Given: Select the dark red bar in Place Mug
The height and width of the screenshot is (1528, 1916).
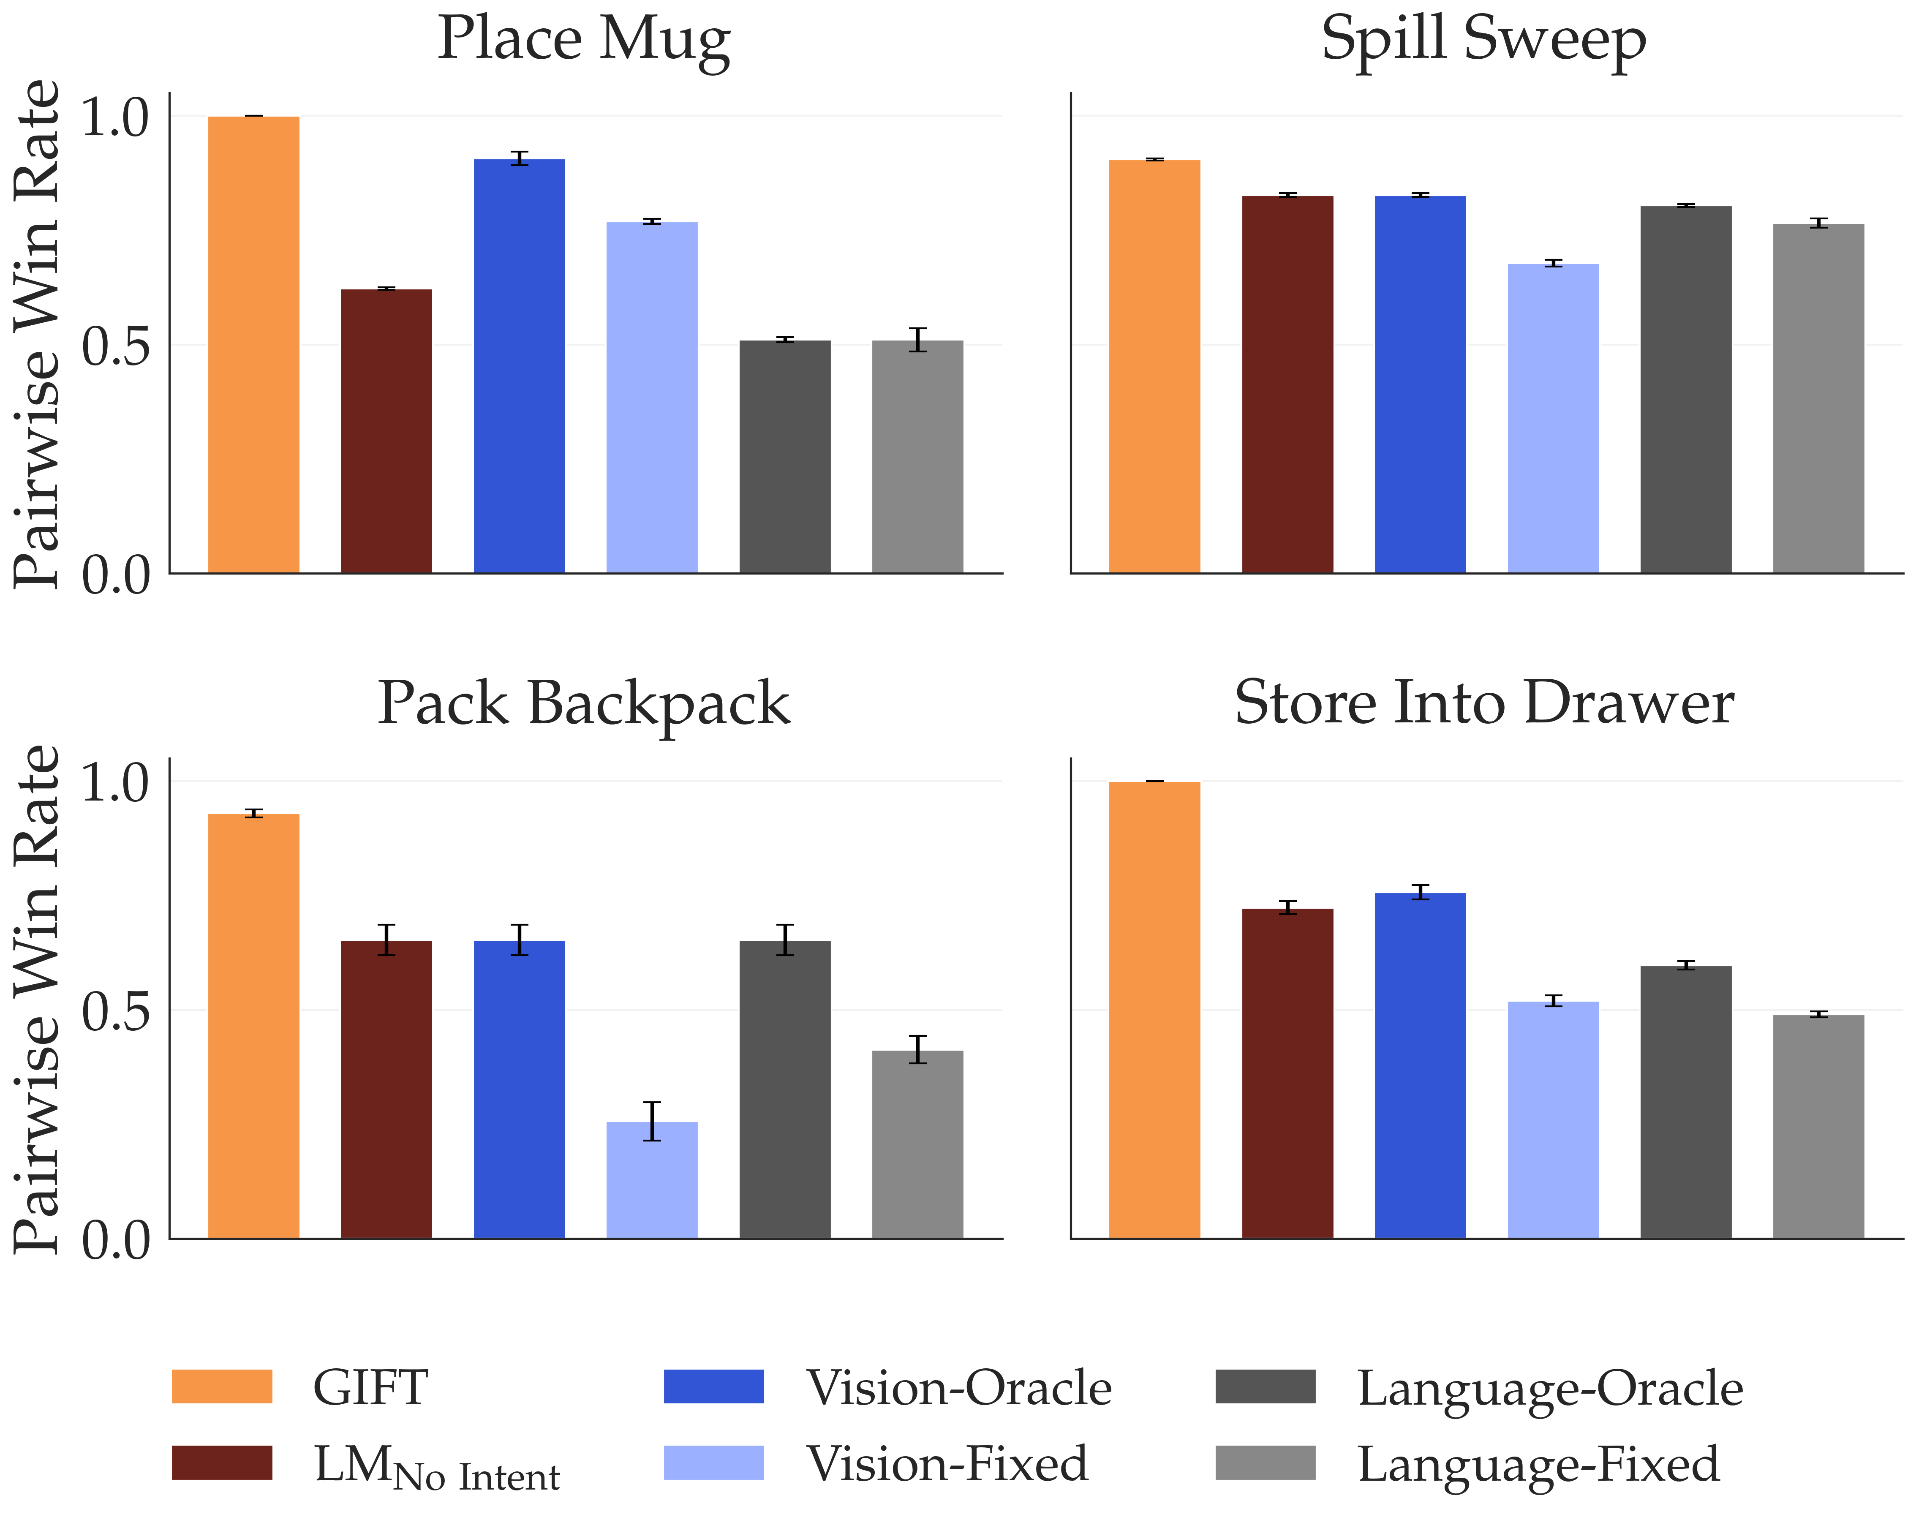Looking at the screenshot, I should click(x=386, y=431).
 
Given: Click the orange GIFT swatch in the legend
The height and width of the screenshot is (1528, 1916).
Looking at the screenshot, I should click(x=222, y=1386).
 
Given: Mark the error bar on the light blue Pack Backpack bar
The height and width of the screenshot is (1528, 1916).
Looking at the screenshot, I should click(x=652, y=1121).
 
